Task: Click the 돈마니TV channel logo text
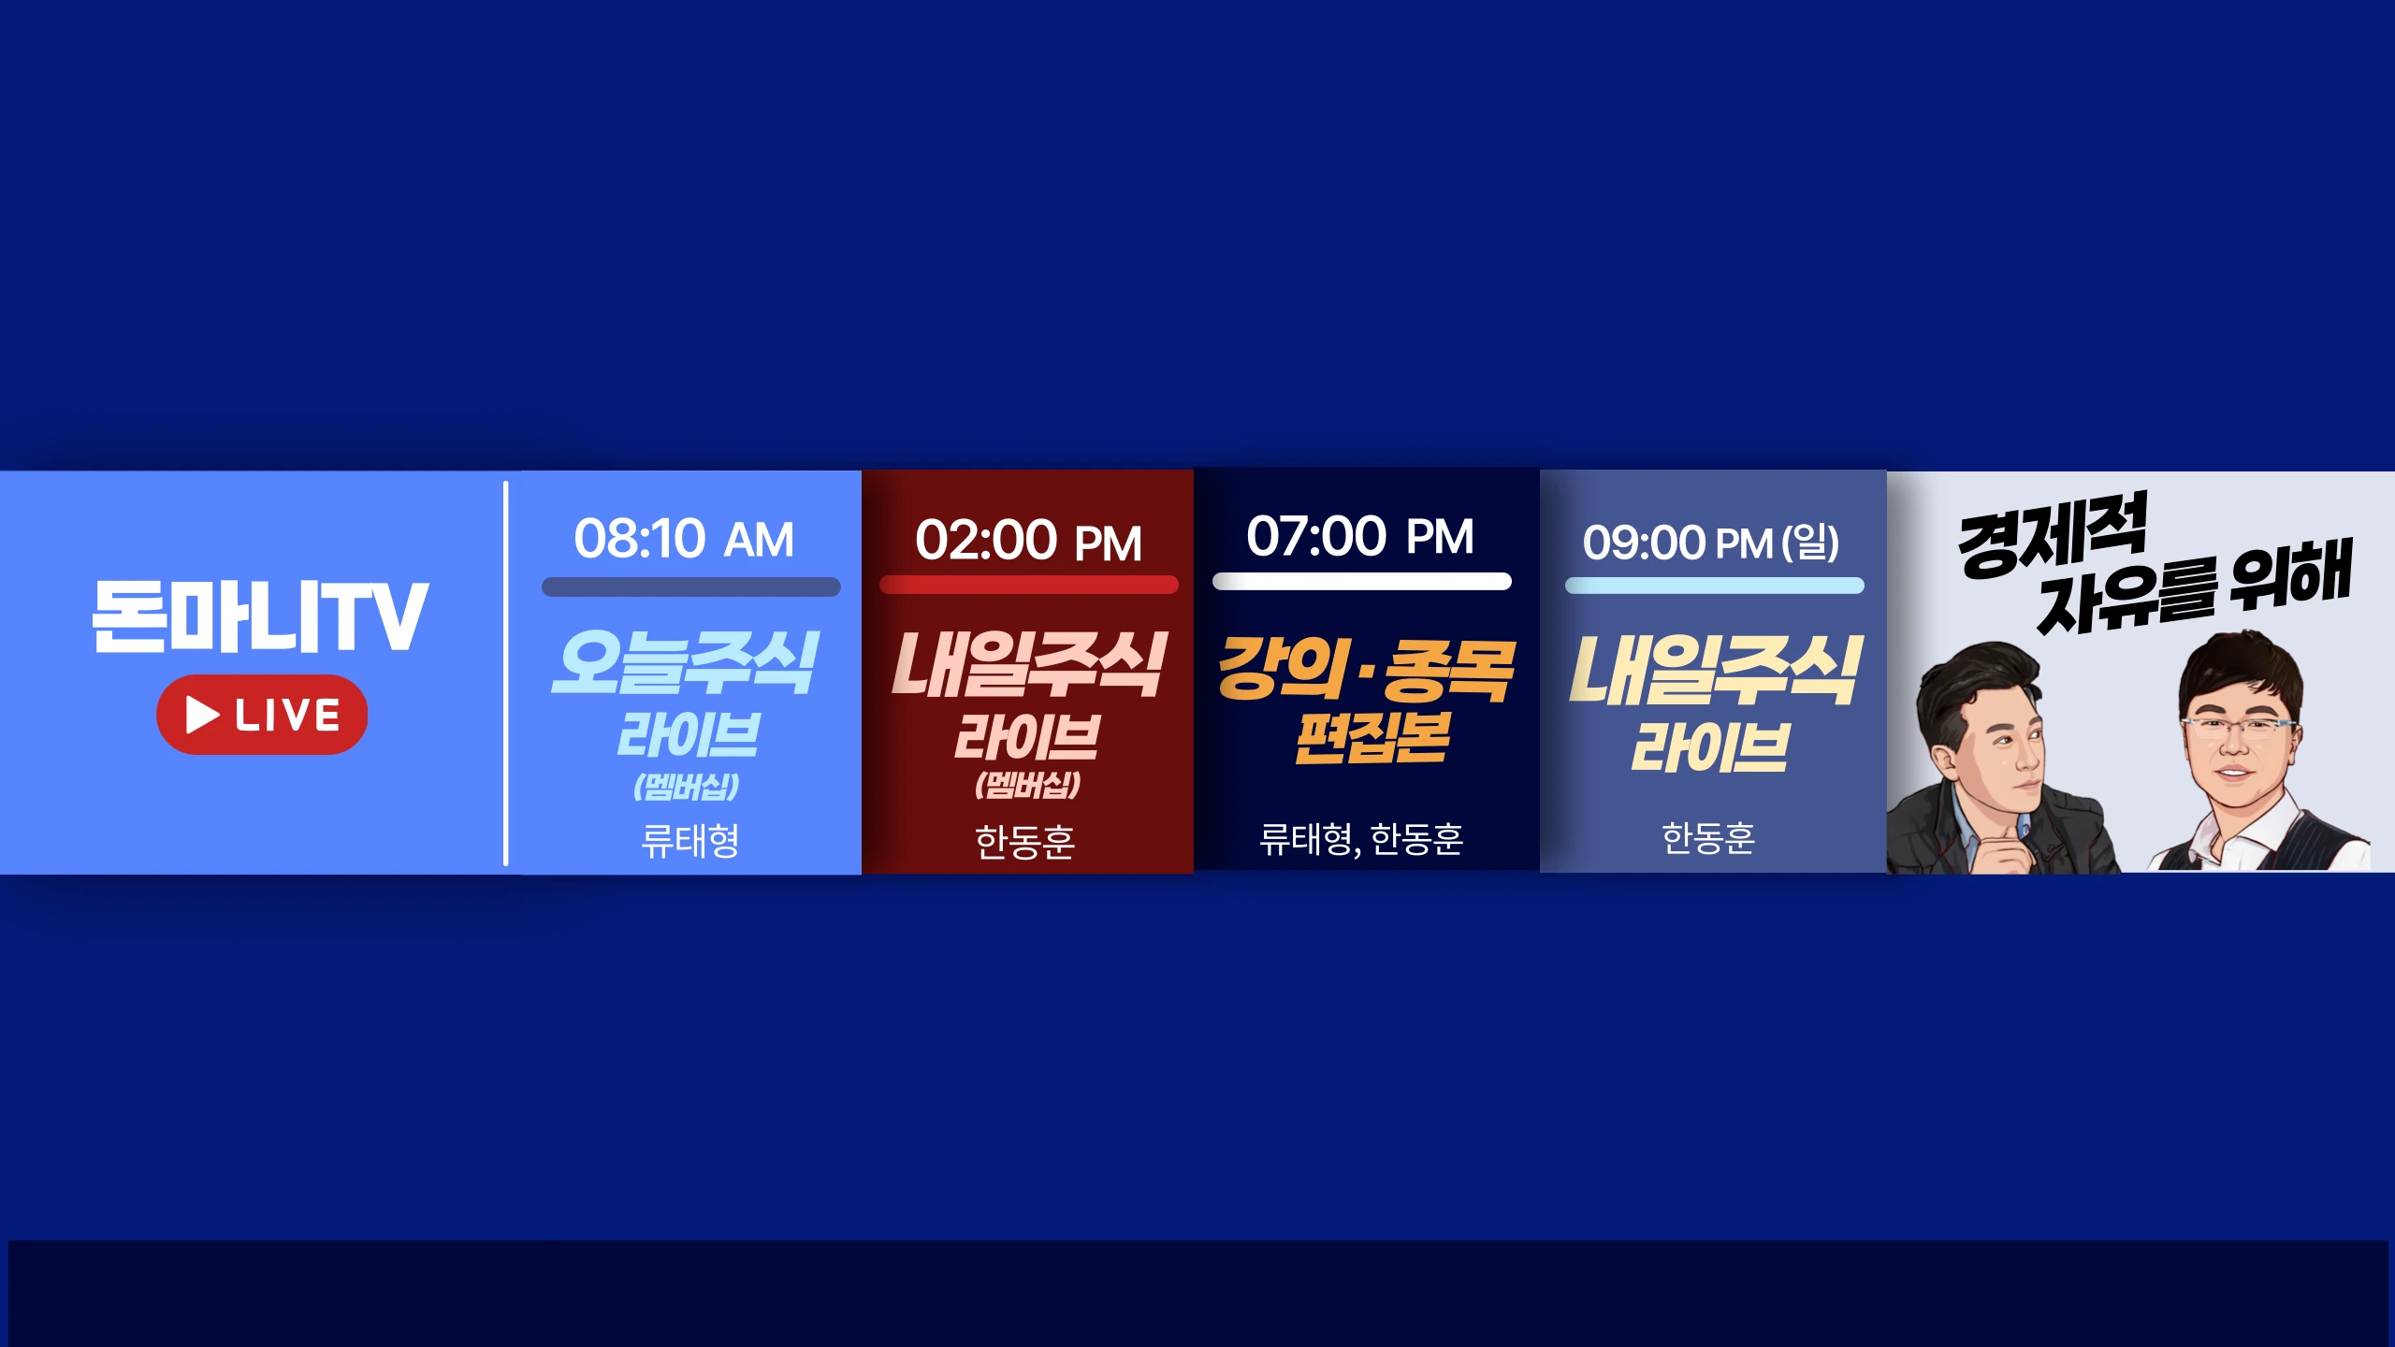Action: tap(261, 616)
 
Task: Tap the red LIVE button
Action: tap(262, 715)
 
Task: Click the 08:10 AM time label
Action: tap(684, 539)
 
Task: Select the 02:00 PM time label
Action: tap(1028, 541)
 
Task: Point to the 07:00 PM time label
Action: tap(1360, 536)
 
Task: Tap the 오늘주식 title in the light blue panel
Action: tap(686, 662)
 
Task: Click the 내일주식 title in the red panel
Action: tap(1029, 664)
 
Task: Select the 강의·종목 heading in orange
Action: tap(1366, 670)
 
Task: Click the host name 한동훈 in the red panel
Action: tap(1025, 841)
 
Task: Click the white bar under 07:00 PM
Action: tap(1362, 582)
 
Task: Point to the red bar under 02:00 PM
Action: tap(1029, 585)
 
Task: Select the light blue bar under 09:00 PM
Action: tap(1715, 586)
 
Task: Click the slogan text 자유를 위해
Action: tap(2194, 587)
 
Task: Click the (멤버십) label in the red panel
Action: tap(1027, 785)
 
